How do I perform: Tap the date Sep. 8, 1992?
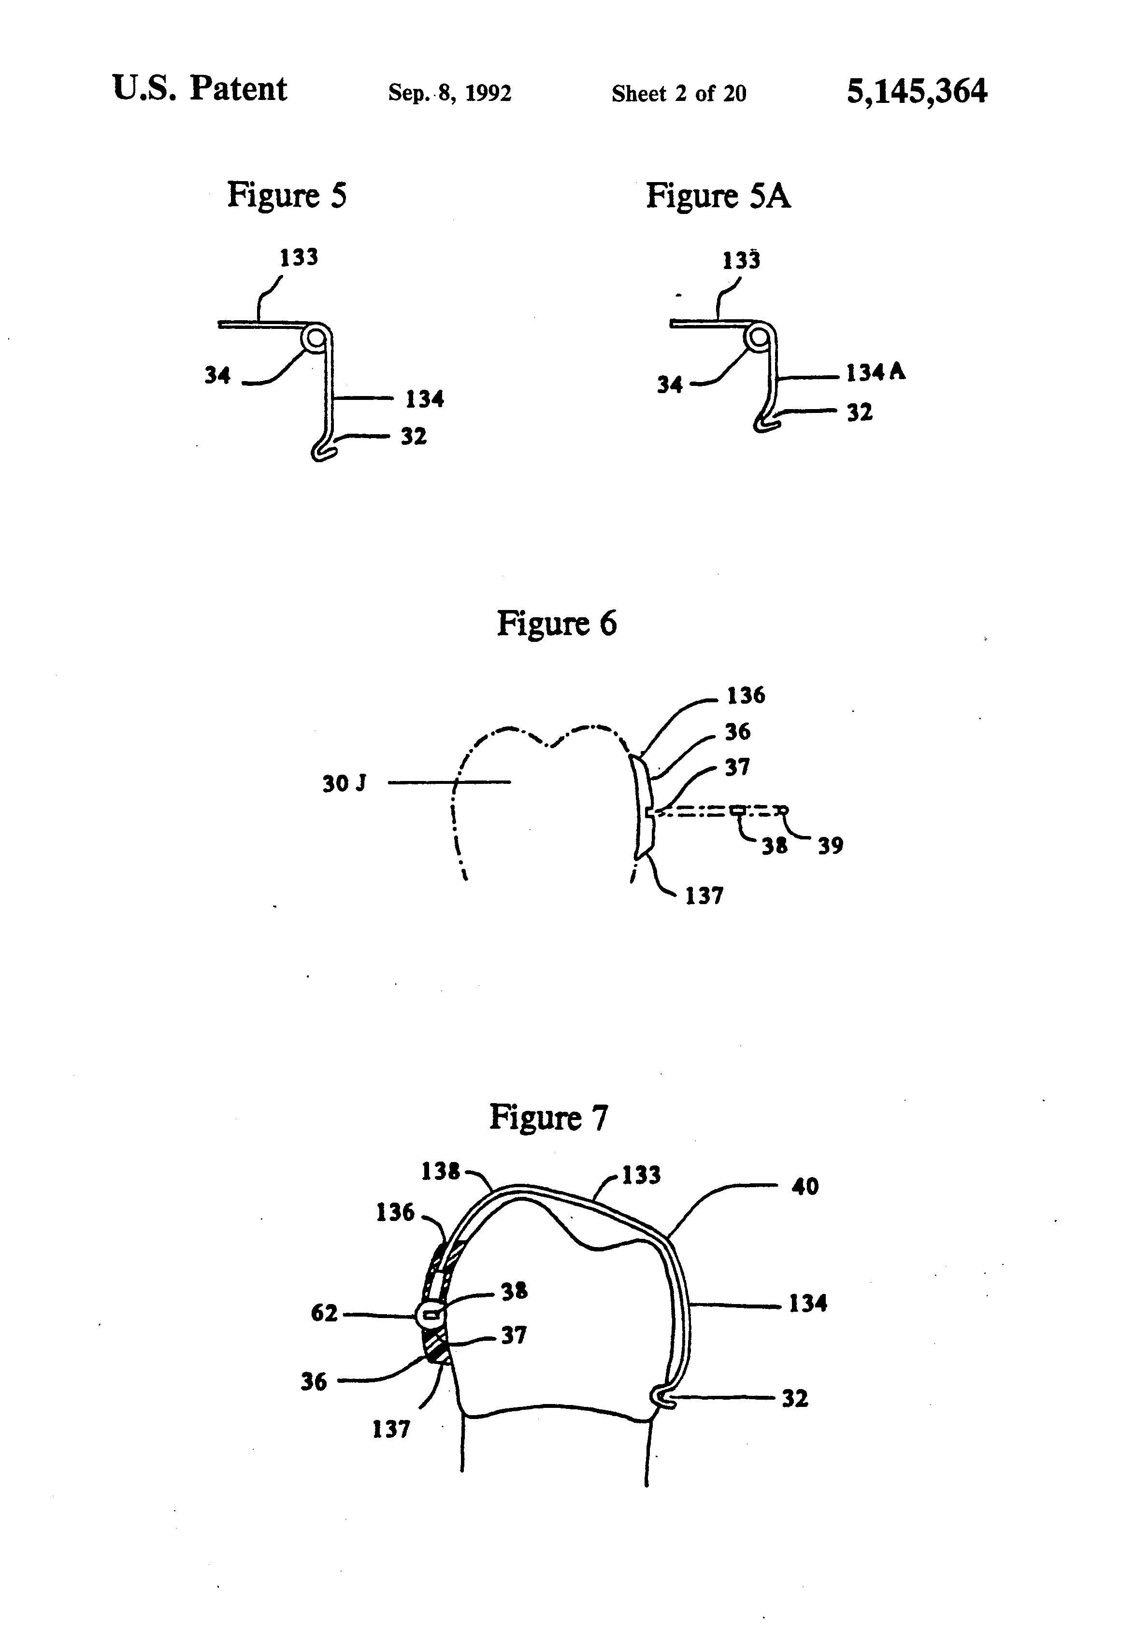click(449, 93)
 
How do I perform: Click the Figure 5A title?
click(718, 196)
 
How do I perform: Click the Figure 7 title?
click(548, 1118)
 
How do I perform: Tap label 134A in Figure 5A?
click(876, 372)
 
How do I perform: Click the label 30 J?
click(345, 783)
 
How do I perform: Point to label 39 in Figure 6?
click(831, 846)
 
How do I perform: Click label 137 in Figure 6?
click(704, 896)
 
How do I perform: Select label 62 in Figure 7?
click(324, 1313)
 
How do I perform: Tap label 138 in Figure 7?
click(440, 1171)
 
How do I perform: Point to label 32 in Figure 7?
click(794, 1398)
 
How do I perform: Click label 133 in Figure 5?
click(298, 257)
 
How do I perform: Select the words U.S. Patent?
click(200, 89)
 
